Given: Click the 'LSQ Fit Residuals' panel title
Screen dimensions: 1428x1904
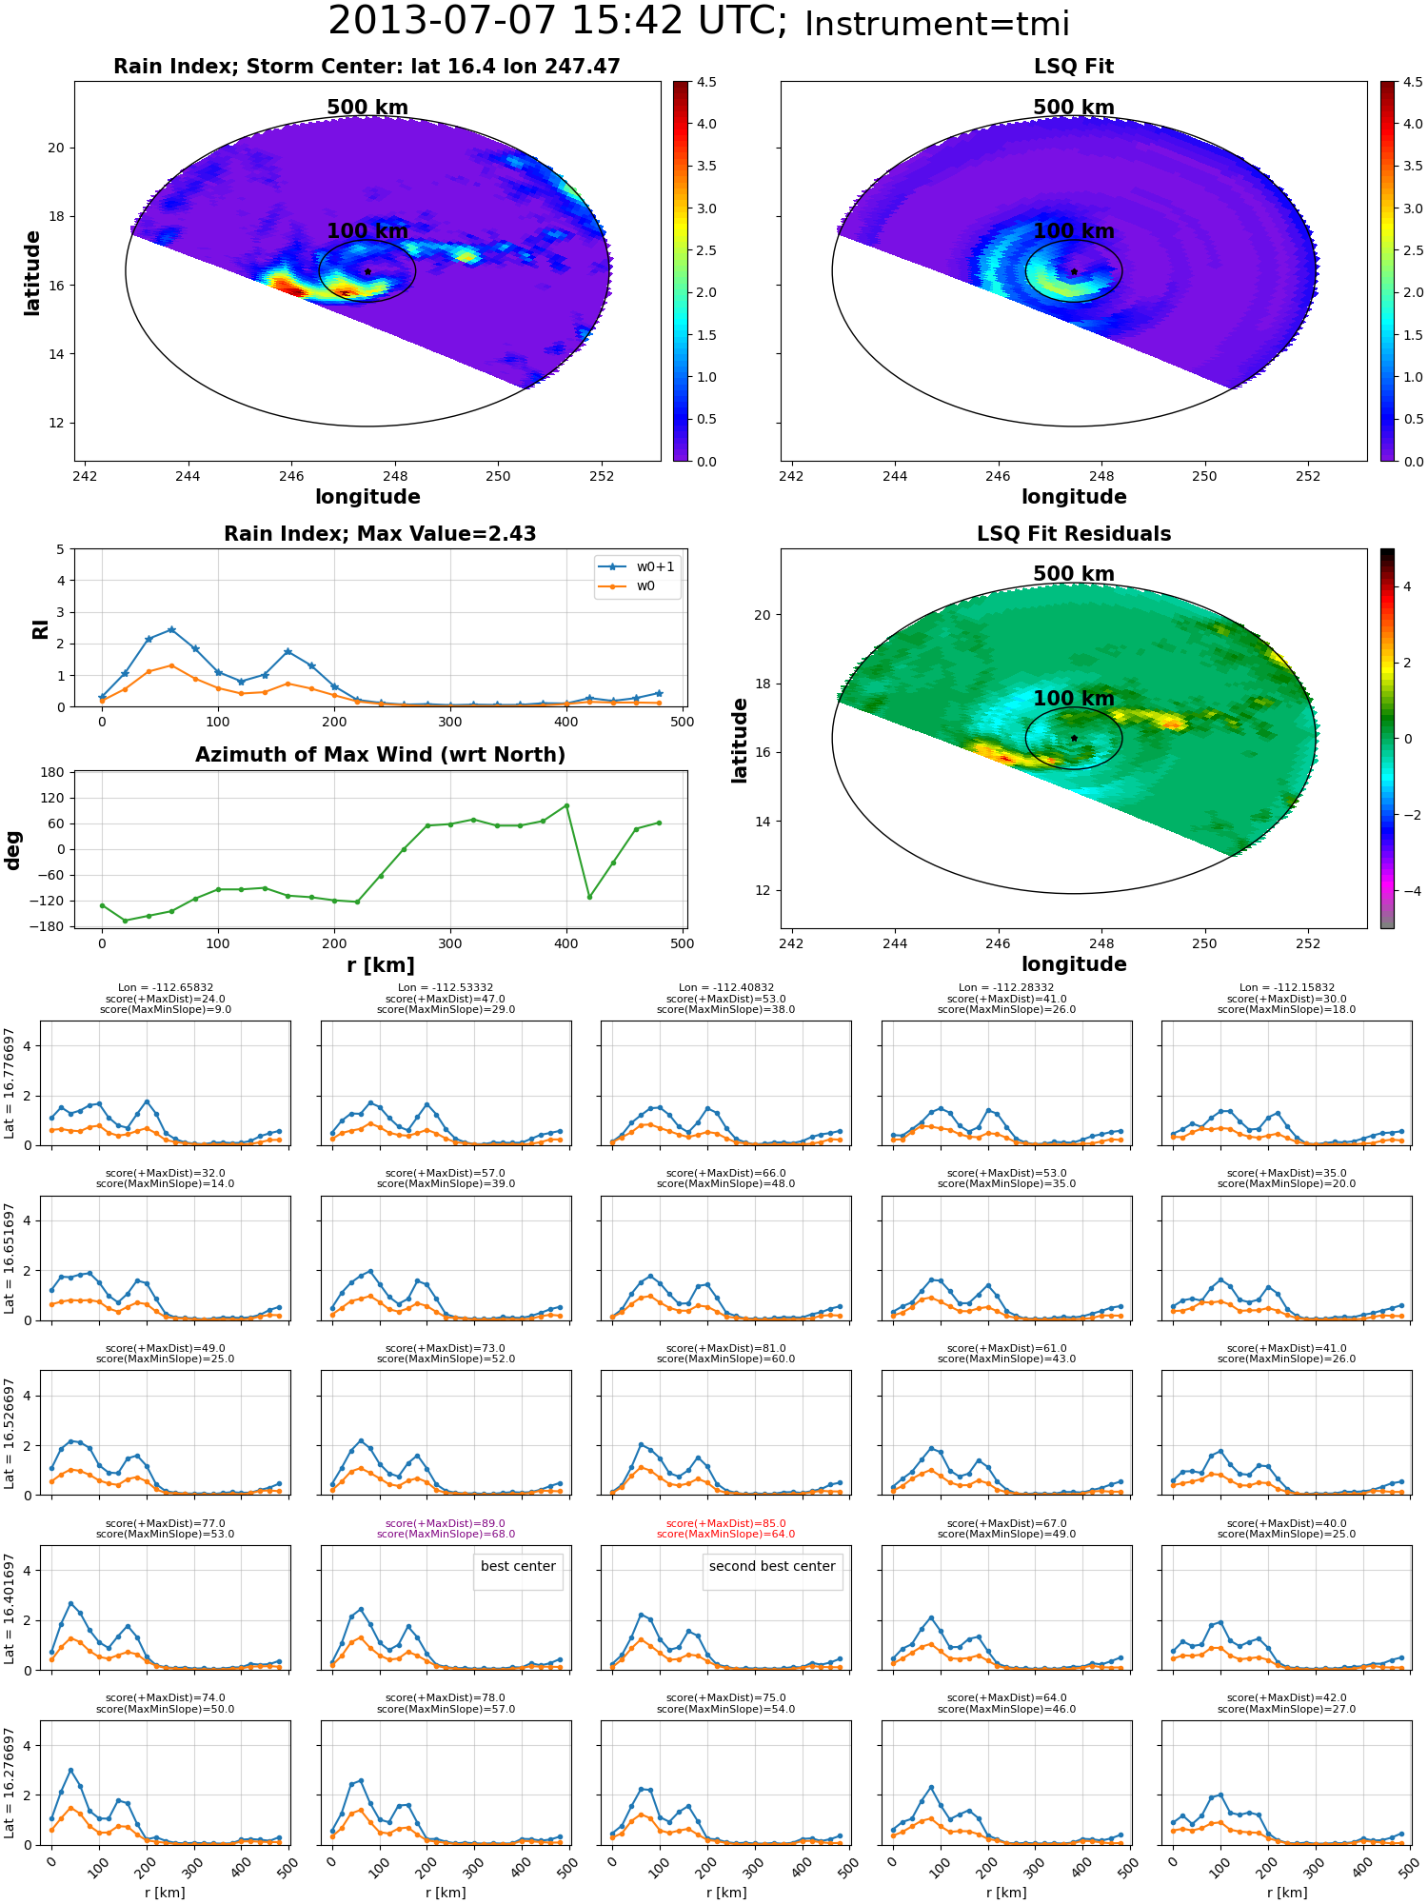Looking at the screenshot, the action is tap(1074, 534).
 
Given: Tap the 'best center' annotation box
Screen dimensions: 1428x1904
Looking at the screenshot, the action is tap(518, 1566).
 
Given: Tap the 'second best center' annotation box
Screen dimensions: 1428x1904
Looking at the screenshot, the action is tap(772, 1566).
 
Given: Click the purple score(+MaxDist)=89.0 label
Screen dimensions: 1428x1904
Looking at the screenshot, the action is tap(446, 1523).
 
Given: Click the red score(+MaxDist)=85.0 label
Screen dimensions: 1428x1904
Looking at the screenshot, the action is tap(726, 1523).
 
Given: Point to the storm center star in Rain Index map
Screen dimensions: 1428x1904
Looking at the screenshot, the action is tap(367, 271).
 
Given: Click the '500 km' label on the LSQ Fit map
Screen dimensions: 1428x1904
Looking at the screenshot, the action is tap(1074, 108).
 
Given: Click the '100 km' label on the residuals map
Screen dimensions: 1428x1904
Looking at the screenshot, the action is tap(1074, 699).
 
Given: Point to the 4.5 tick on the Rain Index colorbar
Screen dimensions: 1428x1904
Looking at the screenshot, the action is tap(705, 82).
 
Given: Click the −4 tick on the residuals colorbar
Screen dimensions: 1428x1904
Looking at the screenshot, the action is tap(1407, 891).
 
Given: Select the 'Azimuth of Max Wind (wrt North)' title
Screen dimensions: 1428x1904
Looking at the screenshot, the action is tap(381, 755).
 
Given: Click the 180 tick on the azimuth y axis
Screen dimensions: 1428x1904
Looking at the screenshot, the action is tap(52, 772).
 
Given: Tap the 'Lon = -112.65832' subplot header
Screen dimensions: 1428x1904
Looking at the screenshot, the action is tap(166, 988).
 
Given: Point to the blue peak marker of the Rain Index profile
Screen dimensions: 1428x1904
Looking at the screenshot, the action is tap(171, 629).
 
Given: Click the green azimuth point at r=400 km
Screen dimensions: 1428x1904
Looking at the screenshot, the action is tap(566, 805).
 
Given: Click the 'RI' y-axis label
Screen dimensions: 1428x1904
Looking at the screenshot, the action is tap(41, 628).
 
